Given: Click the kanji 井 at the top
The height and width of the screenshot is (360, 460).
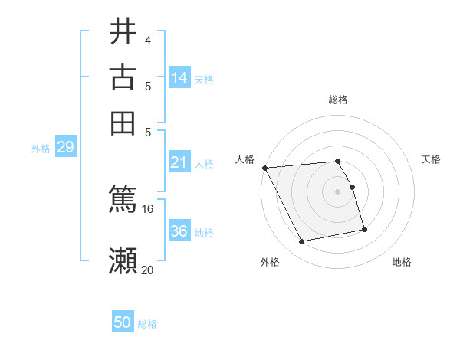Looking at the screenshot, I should click(x=123, y=32).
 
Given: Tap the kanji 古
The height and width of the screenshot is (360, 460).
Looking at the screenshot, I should click(x=123, y=77).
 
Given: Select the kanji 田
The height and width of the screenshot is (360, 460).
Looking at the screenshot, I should click(x=123, y=123).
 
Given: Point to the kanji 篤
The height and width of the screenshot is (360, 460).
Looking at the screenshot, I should click(x=123, y=199).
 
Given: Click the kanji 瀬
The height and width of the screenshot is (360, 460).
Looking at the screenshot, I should click(x=123, y=260).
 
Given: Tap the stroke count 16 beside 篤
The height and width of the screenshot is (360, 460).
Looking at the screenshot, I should click(x=148, y=208).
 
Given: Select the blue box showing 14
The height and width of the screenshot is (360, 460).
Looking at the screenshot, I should click(x=179, y=77).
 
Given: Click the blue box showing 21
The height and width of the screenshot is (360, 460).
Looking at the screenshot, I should click(x=179, y=162).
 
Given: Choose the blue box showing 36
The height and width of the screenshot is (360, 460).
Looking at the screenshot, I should click(x=179, y=231).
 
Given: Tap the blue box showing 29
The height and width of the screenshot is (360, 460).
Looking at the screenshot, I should click(x=65, y=147).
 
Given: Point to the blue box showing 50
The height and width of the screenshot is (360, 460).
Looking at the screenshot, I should click(x=123, y=322).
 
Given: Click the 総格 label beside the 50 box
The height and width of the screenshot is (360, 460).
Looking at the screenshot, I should click(x=148, y=324).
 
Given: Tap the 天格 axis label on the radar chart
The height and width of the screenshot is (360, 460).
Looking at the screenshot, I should click(x=431, y=159).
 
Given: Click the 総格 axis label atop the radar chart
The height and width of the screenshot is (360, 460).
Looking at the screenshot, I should click(x=338, y=100).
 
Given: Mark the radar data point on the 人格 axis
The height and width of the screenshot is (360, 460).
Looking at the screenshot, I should click(x=264, y=168).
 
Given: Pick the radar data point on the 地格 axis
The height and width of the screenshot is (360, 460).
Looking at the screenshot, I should click(x=364, y=229).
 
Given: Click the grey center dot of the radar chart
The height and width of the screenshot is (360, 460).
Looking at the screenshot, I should click(x=338, y=191).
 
